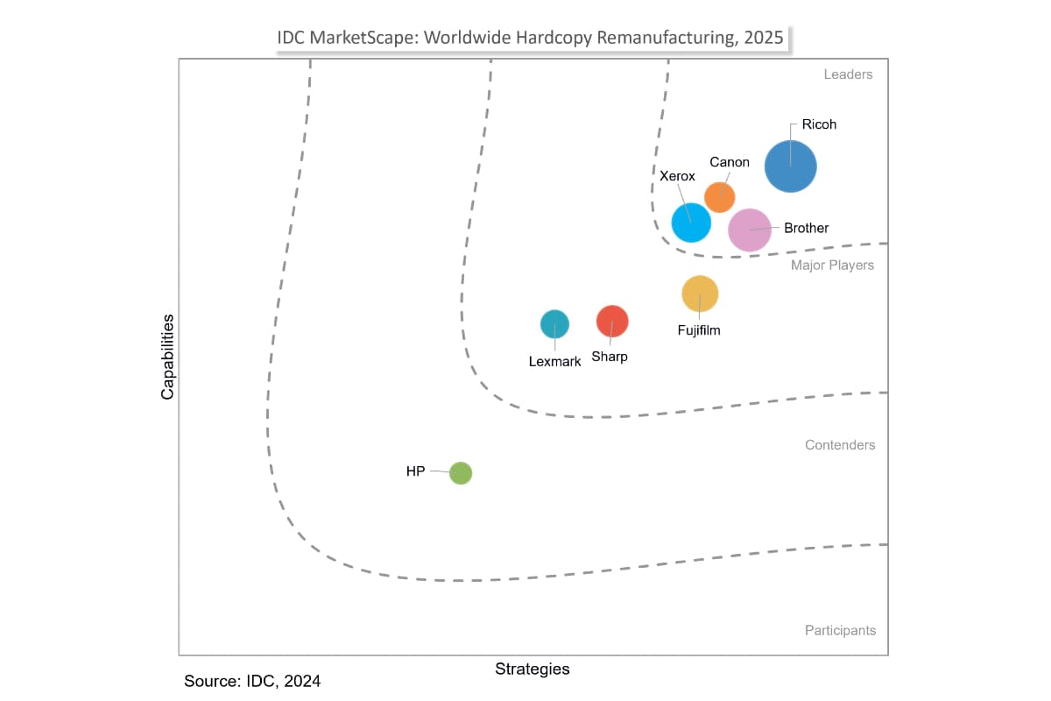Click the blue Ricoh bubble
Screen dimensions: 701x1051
pos(791,166)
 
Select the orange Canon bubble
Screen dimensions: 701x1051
pos(719,197)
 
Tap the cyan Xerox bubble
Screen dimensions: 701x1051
pos(691,222)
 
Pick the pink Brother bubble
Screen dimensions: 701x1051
pos(750,230)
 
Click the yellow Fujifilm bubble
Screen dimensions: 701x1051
pos(700,294)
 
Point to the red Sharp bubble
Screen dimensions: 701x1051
pos(612,321)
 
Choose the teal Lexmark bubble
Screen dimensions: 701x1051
pos(554,324)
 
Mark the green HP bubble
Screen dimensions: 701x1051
pos(461,473)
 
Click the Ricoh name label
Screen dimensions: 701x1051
pos(819,124)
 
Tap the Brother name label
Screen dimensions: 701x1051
pos(806,228)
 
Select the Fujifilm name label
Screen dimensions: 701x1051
pos(699,330)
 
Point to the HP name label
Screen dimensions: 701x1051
pos(415,471)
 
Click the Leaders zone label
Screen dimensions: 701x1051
pos(848,74)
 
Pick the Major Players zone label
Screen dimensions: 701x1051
pos(832,265)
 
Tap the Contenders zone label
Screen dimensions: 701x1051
pos(840,445)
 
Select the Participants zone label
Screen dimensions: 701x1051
pos(840,630)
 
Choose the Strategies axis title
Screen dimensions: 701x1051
pos(533,669)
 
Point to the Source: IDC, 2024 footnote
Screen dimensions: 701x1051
pos(252,681)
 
